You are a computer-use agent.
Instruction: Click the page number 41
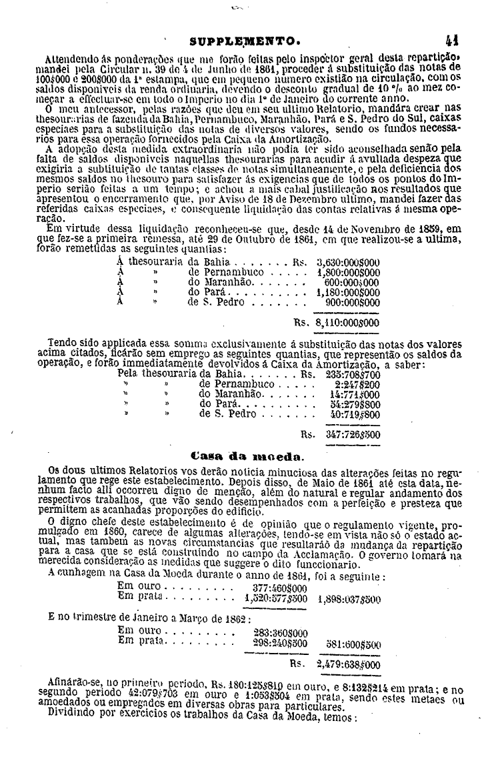click(x=456, y=39)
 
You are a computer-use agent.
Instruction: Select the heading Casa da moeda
click(x=247, y=456)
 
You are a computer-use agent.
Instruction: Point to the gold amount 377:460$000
click(x=280, y=589)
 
